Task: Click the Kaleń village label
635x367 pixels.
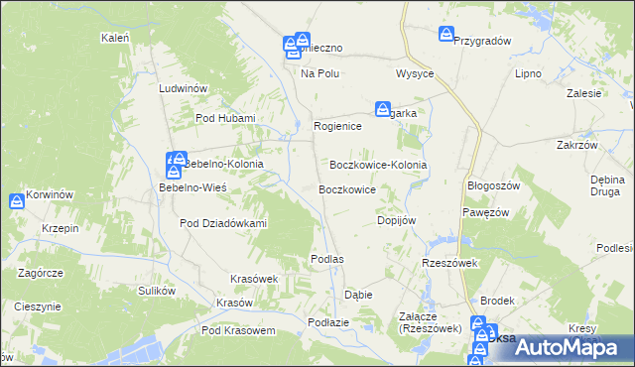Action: pos(116,38)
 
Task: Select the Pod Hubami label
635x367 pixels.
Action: pos(225,119)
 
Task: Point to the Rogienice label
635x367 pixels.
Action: pos(337,127)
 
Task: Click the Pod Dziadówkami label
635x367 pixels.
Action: pos(224,223)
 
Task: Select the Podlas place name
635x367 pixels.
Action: pos(326,259)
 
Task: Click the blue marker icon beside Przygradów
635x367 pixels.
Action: pos(446,35)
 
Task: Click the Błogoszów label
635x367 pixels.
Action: pos(493,185)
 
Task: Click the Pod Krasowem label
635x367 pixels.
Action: pos(237,330)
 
